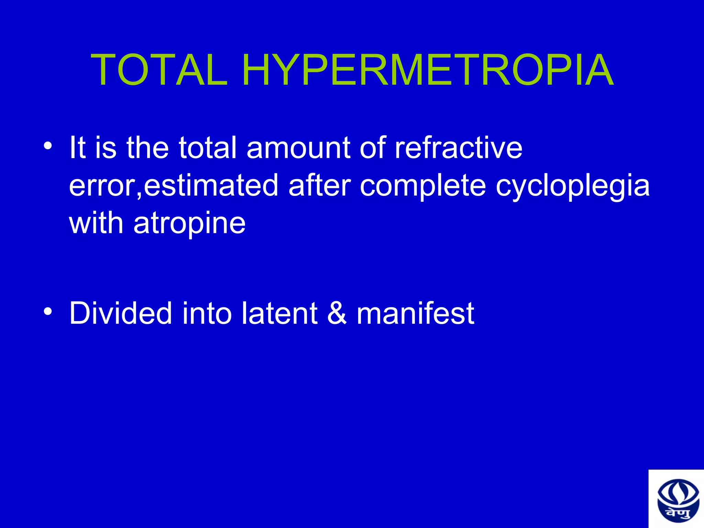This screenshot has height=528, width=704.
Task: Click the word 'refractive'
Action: (458, 147)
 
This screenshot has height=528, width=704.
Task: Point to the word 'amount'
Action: (298, 147)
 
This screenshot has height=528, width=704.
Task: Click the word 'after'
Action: (320, 186)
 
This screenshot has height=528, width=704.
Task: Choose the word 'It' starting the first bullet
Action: (77, 147)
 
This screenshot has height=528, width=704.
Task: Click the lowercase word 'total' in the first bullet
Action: (208, 147)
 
